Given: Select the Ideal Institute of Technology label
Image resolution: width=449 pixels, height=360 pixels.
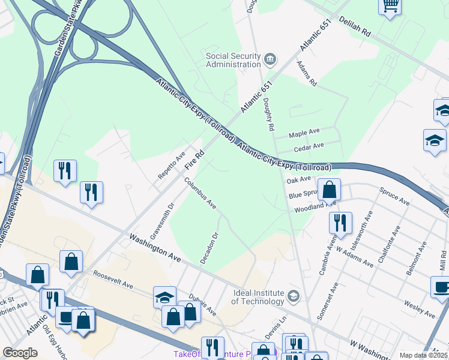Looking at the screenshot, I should point(258,297).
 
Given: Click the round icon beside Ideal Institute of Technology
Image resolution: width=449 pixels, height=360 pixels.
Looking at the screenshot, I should point(293,295).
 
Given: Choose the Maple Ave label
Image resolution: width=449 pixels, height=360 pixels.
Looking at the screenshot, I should point(305,133).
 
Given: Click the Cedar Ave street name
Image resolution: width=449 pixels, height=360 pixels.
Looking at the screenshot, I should point(309,146).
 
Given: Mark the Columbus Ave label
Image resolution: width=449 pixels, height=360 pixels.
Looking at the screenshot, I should point(200,192).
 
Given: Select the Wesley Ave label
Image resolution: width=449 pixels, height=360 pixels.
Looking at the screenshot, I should point(419,308).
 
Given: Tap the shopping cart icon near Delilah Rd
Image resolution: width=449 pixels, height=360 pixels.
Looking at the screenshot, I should point(390,6).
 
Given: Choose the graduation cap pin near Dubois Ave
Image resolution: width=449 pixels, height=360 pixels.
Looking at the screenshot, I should point(164,297).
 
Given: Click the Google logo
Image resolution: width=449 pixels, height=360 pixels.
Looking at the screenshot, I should point(20,353).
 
